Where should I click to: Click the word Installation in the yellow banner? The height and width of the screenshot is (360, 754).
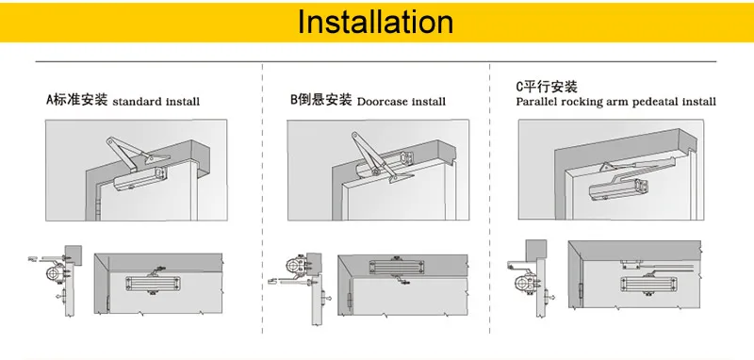point(375,22)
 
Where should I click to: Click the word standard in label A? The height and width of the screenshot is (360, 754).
point(137,102)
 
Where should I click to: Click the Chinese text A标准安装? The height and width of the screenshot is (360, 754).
point(77,100)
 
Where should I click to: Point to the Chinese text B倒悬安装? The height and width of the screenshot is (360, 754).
point(321,100)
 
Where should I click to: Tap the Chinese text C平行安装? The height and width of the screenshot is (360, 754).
point(547,87)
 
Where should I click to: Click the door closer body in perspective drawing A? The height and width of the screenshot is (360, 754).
point(140,179)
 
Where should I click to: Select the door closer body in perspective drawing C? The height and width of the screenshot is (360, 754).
point(617,189)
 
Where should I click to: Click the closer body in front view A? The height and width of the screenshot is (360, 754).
point(153,284)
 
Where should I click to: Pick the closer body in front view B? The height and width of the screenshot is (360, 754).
point(397,268)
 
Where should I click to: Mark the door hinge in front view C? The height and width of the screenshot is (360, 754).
point(580,291)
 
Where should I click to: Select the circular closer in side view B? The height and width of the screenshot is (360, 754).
point(293,265)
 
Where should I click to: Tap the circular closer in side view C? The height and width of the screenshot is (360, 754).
point(522,284)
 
